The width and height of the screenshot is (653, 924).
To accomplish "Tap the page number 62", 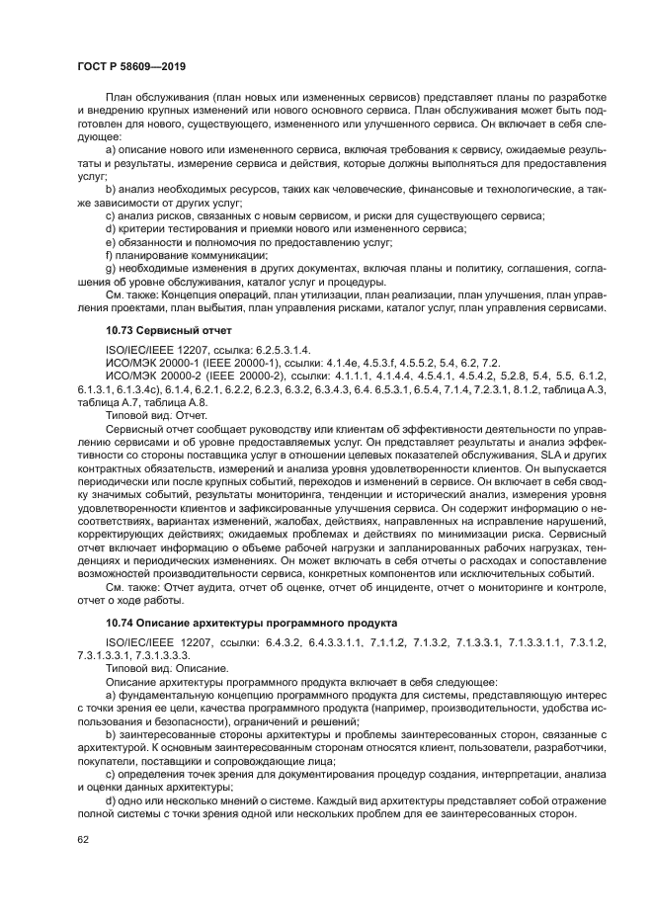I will click(x=82, y=840).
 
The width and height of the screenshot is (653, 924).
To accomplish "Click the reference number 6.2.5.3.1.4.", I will click(x=278, y=350).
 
